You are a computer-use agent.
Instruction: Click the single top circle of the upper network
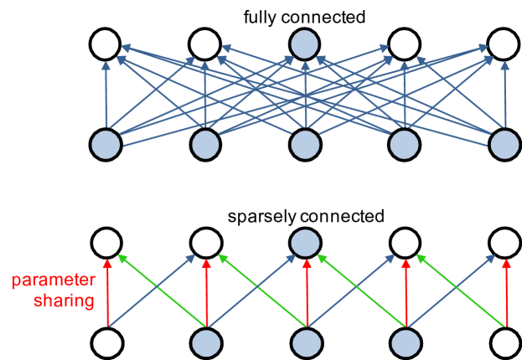click(x=304, y=44)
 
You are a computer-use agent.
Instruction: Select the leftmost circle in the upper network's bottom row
click(x=106, y=144)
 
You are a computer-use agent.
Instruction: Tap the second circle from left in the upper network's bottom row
click(x=205, y=144)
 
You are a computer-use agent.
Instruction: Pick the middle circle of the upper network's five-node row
click(x=305, y=144)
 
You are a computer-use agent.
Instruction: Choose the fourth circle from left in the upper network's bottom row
click(x=405, y=144)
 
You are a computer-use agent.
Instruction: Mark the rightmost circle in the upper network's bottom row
click(x=504, y=144)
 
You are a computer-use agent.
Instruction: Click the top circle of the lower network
click(x=305, y=243)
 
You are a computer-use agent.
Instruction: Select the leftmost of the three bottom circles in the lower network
click(x=206, y=343)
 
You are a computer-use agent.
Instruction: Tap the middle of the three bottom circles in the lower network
click(x=306, y=343)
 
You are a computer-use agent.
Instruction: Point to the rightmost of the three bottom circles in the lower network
click(x=406, y=343)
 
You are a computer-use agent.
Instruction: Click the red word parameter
click(x=54, y=280)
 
